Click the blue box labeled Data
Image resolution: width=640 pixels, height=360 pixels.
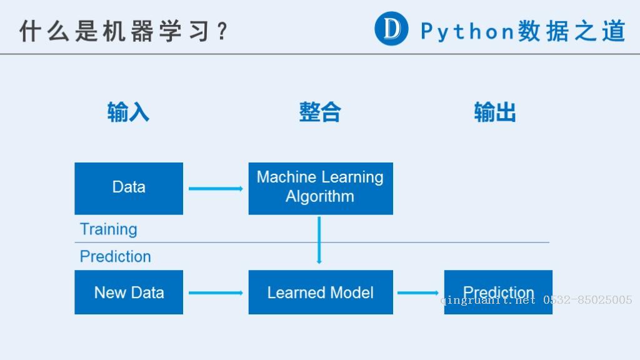click(129, 189)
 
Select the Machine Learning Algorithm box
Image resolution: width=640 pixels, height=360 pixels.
click(321, 189)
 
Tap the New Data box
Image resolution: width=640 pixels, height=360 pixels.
click(129, 292)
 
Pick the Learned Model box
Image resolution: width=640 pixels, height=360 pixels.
click(321, 292)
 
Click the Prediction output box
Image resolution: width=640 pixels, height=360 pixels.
click(498, 292)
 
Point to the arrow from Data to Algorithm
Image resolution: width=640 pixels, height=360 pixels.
click(216, 189)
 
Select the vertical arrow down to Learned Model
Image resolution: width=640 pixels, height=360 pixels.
click(319, 240)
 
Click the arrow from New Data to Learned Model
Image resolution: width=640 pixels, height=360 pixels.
click(216, 292)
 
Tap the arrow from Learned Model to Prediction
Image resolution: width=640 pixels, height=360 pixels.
click(418, 292)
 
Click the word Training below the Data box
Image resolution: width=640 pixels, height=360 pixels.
click(109, 229)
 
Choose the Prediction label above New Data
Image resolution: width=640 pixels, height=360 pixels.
click(116, 257)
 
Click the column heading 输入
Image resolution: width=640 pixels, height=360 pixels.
click(128, 112)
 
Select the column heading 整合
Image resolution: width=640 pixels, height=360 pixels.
click(320, 112)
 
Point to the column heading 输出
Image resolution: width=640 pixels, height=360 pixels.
click(495, 112)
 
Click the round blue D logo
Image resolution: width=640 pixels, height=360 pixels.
click(391, 29)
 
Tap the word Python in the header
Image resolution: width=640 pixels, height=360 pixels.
click(467, 31)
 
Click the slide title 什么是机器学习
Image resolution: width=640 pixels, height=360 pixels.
click(115, 31)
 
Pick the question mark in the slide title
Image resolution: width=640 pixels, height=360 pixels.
click(222, 31)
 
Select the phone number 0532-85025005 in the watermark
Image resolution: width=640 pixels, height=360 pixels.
click(587, 300)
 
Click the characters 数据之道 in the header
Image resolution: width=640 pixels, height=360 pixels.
click(572, 31)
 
